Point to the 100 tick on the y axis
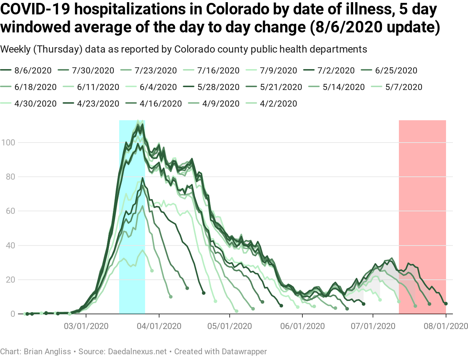coord(8,143)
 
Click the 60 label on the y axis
coord(10,211)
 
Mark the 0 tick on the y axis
coord(13,314)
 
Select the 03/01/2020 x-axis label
coord(86,326)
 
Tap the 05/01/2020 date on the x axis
coord(230,326)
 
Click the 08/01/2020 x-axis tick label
coord(446,326)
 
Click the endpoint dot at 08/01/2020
coord(446,304)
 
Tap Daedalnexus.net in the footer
coord(138,351)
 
